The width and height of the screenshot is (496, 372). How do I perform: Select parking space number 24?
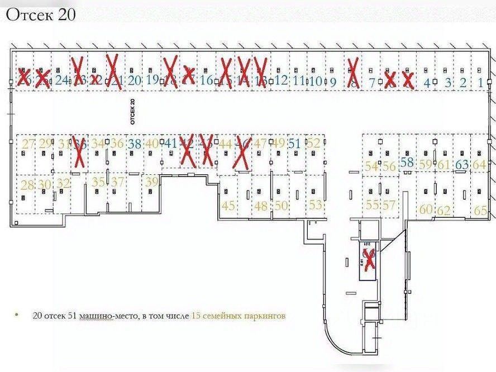62,79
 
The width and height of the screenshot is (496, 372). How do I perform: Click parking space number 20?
134,79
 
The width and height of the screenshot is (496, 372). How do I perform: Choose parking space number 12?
281,79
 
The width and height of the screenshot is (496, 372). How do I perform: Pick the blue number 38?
134,143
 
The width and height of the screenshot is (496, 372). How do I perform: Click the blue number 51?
294,143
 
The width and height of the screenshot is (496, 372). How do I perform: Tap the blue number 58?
407,163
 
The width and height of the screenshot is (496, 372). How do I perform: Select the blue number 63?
462,164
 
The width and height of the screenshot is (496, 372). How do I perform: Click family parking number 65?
480,211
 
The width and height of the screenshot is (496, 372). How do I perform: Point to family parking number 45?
228,205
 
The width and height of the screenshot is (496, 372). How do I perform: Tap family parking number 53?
316,204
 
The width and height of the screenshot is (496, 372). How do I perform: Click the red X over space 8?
353,73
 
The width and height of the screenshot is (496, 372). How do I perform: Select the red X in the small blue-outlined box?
369,261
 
